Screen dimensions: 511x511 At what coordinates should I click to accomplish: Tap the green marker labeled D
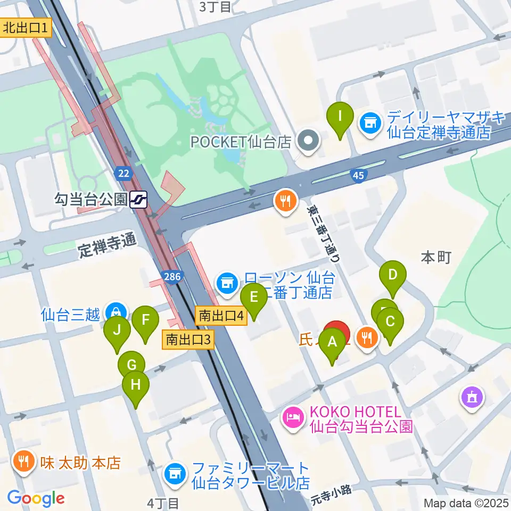[x=392, y=276]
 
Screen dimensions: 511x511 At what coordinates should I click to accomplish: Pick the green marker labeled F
[x=145, y=321]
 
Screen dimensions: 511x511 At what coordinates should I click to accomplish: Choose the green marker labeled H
[x=136, y=384]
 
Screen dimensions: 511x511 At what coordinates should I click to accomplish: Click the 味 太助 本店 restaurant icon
[x=24, y=460]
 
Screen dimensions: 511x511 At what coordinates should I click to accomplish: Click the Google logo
[x=36, y=498]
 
